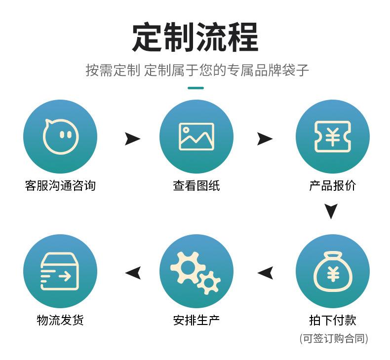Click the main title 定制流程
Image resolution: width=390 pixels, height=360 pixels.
click(x=195, y=37)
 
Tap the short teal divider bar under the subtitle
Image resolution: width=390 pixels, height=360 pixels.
click(x=196, y=88)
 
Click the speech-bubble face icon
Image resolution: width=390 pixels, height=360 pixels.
click(x=60, y=137)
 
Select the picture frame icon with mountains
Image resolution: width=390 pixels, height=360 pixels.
click(x=196, y=137)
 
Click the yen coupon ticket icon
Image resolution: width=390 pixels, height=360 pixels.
click(x=333, y=137)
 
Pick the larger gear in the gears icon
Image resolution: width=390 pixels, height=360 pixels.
click(x=187, y=267)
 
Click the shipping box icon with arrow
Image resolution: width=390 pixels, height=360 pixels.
click(x=60, y=271)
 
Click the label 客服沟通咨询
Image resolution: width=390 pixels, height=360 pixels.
click(x=60, y=185)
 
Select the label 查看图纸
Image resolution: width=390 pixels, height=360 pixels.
click(x=196, y=185)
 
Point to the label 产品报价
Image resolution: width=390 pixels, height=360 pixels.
click(x=333, y=185)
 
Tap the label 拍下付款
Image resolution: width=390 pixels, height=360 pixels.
click(x=333, y=320)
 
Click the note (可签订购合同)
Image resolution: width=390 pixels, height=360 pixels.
click(x=334, y=338)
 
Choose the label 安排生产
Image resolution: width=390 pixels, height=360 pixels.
click(x=196, y=320)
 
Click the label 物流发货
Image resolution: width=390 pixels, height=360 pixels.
click(x=60, y=320)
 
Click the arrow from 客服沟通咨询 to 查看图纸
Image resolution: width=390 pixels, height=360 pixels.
click(x=132, y=139)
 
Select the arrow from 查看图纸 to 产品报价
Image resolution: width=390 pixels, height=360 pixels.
click(x=265, y=139)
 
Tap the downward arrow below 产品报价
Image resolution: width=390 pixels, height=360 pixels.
click(x=331, y=211)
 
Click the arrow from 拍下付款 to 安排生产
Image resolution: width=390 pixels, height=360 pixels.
click(x=265, y=273)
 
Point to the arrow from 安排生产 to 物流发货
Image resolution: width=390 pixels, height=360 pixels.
click(x=133, y=273)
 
